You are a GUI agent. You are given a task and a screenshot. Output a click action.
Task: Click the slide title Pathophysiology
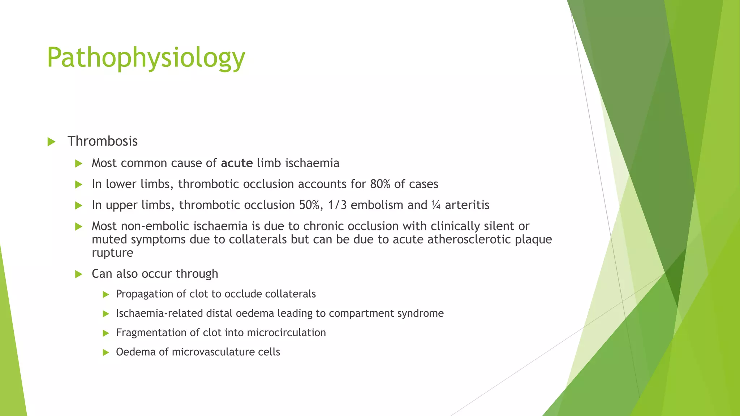tap(146, 58)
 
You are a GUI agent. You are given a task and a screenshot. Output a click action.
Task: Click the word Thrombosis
tap(102, 141)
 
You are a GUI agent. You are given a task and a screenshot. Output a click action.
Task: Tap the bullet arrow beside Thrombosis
tap(51, 142)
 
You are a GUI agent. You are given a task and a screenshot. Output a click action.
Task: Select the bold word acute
tap(237, 163)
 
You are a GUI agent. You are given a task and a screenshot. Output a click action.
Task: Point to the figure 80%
tap(380, 184)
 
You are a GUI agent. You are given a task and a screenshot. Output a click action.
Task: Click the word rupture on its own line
tap(112, 253)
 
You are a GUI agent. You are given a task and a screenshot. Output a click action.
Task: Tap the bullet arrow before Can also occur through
tap(79, 274)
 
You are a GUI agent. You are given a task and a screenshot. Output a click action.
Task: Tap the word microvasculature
tap(213, 352)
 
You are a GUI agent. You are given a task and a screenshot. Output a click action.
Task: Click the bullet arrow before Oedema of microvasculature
tap(106, 353)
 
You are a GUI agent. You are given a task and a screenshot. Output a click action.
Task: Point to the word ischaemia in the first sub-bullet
tap(313, 163)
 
